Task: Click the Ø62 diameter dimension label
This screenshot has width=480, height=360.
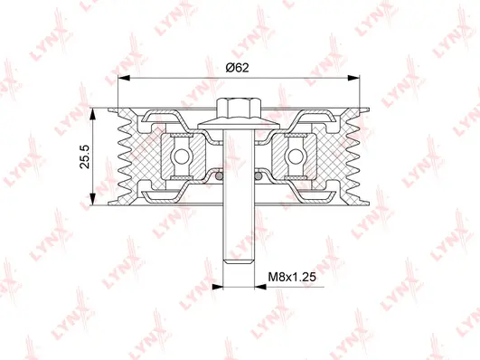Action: (x=239, y=67)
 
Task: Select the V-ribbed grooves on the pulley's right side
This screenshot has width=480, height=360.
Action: (x=354, y=156)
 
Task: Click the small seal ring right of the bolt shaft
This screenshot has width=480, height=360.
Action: (x=259, y=178)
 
